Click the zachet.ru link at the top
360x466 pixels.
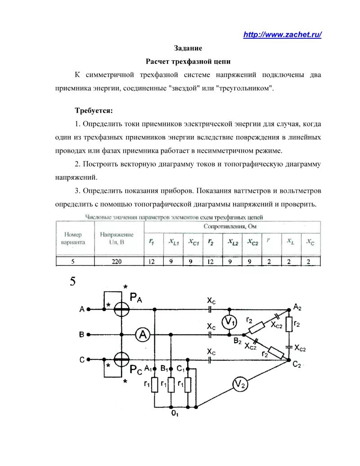282,35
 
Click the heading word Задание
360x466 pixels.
188,48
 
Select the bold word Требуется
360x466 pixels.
94,110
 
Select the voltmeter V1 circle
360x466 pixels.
229,321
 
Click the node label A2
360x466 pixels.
297,306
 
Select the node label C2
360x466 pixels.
296,365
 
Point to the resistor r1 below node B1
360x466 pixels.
171,385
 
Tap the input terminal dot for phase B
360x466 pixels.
89,335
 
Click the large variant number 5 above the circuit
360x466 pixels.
72,282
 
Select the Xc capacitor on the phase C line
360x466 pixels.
210,360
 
